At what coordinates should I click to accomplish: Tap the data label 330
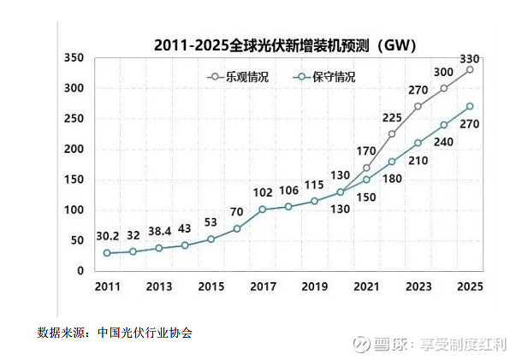point(470,59)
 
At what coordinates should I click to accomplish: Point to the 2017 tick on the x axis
point(262,287)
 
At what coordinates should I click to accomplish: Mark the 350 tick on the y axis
point(74,58)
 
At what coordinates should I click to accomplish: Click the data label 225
point(392,118)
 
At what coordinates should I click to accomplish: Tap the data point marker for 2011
point(107,253)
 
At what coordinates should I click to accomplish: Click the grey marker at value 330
point(470,70)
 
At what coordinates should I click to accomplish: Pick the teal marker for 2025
point(470,106)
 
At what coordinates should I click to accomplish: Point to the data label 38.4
point(158,232)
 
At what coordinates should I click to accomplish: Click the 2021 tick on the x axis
point(366,287)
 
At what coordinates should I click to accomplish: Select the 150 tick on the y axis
point(74,180)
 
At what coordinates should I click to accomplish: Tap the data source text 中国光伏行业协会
point(145,333)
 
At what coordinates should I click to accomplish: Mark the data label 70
point(237,213)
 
